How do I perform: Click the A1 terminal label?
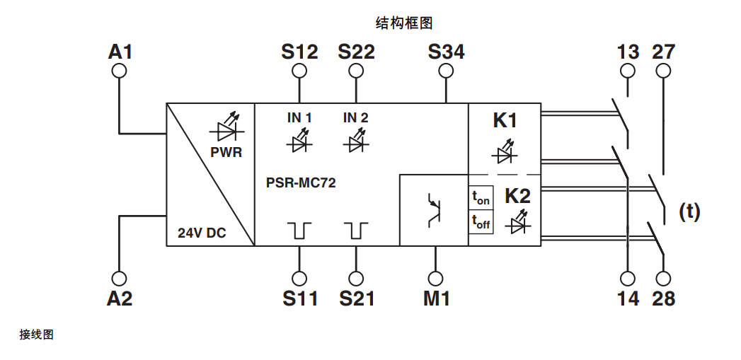pyautogui.click(x=120, y=52)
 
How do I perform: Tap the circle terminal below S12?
pyautogui.click(x=299, y=71)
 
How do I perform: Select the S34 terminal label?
pyautogui.click(x=446, y=52)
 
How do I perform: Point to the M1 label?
pyautogui.click(x=437, y=298)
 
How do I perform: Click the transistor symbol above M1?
pyautogui.click(x=434, y=210)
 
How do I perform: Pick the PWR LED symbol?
pyautogui.click(x=226, y=129)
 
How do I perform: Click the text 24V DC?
pyautogui.click(x=202, y=233)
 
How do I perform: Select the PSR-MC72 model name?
pyautogui.click(x=301, y=182)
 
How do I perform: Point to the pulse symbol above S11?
pyautogui.click(x=299, y=230)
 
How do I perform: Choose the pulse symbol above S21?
pyautogui.click(x=356, y=230)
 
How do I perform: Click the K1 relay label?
pyautogui.click(x=505, y=121)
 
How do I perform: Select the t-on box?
pyautogui.click(x=481, y=197)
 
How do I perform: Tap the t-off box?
pyautogui.click(x=481, y=222)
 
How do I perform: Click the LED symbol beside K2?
pyautogui.click(x=517, y=223)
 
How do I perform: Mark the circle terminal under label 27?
pyautogui.click(x=663, y=71)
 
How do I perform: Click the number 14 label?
pyautogui.click(x=628, y=298)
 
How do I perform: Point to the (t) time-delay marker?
pyautogui.click(x=689, y=211)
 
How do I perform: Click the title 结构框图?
pyautogui.click(x=403, y=23)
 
